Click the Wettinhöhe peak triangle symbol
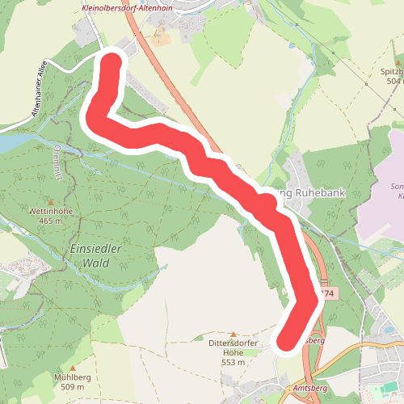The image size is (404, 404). [x=50, y=202]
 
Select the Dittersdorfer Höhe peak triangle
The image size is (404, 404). [x=234, y=335]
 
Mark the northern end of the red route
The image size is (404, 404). [x=111, y=63]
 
